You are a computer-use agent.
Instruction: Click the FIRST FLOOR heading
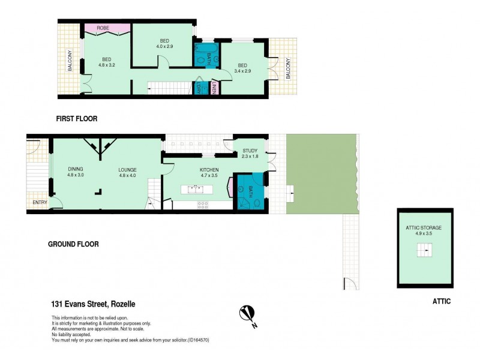pos(76,119)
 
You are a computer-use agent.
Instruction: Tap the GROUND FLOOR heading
pos(73,244)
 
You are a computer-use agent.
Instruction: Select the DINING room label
pos(76,169)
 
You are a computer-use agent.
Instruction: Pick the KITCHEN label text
pos(209,170)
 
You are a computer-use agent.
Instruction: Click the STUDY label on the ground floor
pos(250,151)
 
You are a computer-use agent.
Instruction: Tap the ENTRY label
pos(40,202)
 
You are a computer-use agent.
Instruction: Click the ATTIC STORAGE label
pos(424,228)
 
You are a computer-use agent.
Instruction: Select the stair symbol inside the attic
pos(425,250)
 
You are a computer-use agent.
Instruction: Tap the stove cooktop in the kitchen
pos(203,204)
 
